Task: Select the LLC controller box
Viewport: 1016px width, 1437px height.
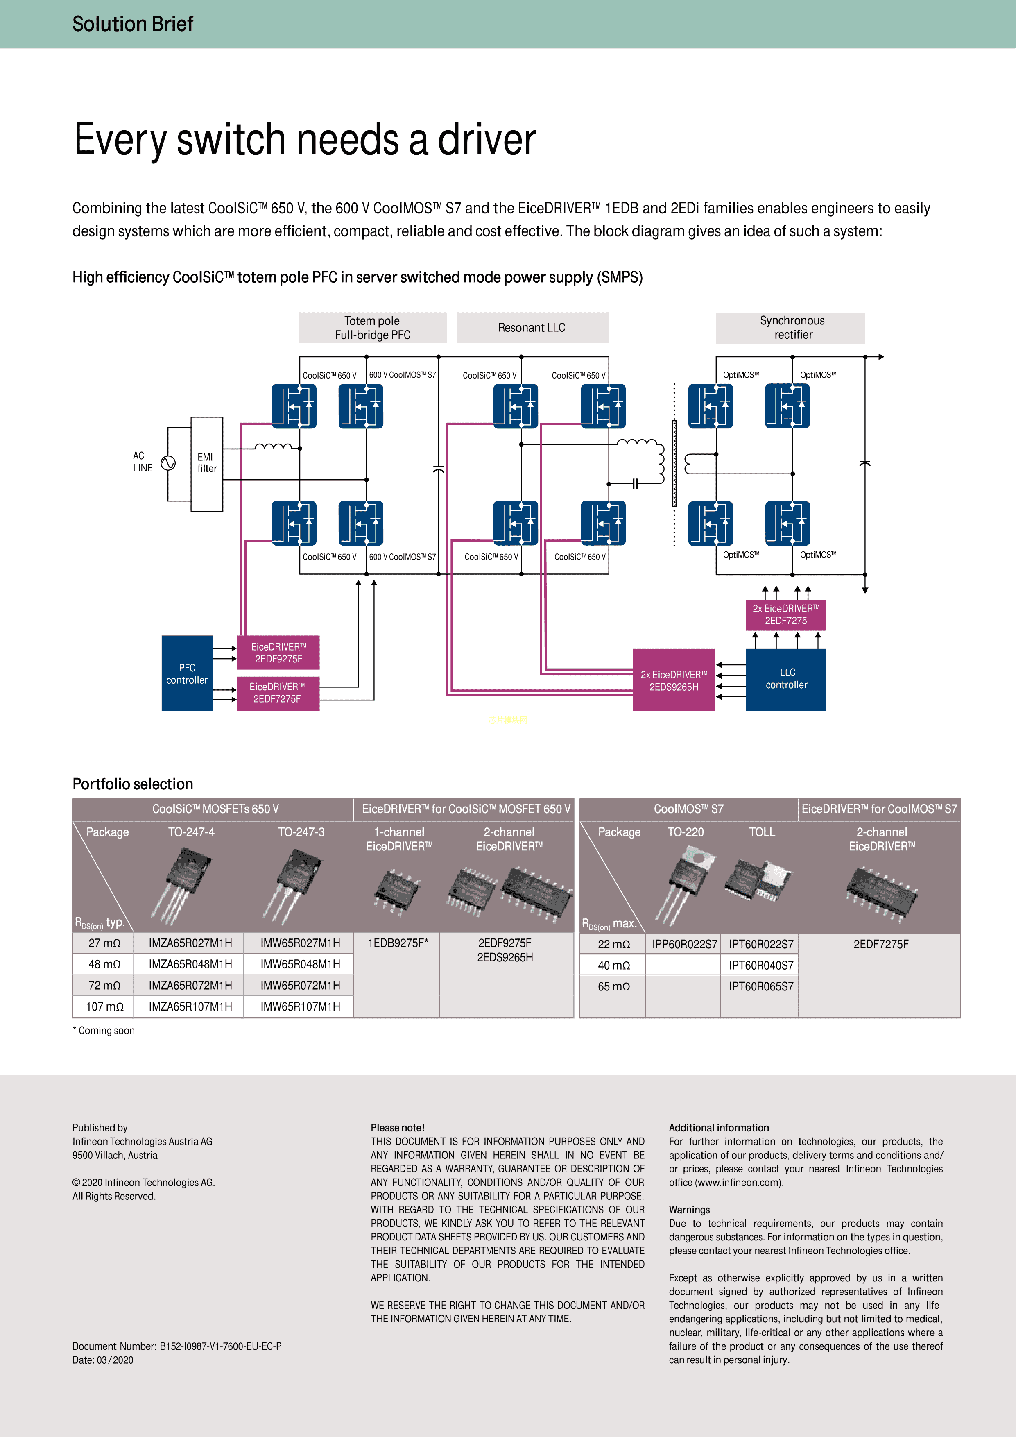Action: click(786, 679)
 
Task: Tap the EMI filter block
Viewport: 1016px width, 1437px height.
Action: click(207, 464)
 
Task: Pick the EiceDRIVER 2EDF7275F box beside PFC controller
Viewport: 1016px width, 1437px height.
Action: click(278, 693)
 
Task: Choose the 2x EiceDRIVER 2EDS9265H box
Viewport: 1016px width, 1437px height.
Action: click(673, 680)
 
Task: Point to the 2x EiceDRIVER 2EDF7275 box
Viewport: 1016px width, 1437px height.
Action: click(786, 614)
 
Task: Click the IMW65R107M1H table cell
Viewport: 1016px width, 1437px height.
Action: click(300, 1006)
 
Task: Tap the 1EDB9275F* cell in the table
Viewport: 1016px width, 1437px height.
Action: click(398, 943)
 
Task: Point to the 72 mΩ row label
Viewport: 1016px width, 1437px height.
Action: click(104, 986)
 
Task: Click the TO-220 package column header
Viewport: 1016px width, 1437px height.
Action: click(685, 832)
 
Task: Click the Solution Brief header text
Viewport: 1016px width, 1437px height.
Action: click(133, 24)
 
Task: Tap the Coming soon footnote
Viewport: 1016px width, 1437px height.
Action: click(104, 1031)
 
